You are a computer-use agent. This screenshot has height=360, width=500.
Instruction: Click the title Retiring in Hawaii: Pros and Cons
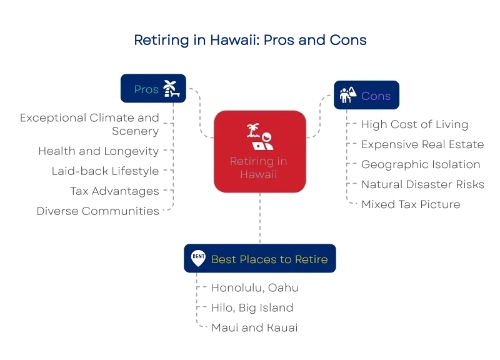coord(251,40)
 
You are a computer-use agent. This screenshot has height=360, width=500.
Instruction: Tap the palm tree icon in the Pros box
coord(171,88)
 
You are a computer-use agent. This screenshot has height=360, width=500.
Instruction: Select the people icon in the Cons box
coord(348,95)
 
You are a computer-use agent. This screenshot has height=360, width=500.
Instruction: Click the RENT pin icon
coord(198,258)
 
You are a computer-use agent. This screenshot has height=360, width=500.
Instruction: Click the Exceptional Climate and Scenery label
coord(89,124)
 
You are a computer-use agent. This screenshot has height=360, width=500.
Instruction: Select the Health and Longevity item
coord(99,151)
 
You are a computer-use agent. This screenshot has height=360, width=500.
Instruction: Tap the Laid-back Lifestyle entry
coord(105,171)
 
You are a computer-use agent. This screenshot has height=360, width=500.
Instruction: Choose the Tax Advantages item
coord(114,191)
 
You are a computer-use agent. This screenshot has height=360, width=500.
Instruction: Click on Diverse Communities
coord(98,211)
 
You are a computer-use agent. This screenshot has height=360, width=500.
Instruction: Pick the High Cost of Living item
coord(415,124)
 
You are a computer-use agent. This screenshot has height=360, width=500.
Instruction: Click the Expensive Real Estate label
coord(422,144)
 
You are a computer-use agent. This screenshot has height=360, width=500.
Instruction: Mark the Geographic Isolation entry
coord(421,164)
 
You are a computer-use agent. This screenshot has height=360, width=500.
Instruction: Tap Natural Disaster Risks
coord(423,184)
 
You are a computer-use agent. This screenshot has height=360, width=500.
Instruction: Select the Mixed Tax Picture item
coord(411,204)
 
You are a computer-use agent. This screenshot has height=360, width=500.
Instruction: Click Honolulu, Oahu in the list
coord(255,287)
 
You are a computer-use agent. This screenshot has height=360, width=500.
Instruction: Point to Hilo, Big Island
coord(252,307)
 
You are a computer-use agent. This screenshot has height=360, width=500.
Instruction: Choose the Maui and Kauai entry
coord(254,327)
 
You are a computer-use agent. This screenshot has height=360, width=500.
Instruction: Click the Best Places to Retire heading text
coord(269,259)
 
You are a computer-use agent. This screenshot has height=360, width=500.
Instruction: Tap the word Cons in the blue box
coord(376,96)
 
